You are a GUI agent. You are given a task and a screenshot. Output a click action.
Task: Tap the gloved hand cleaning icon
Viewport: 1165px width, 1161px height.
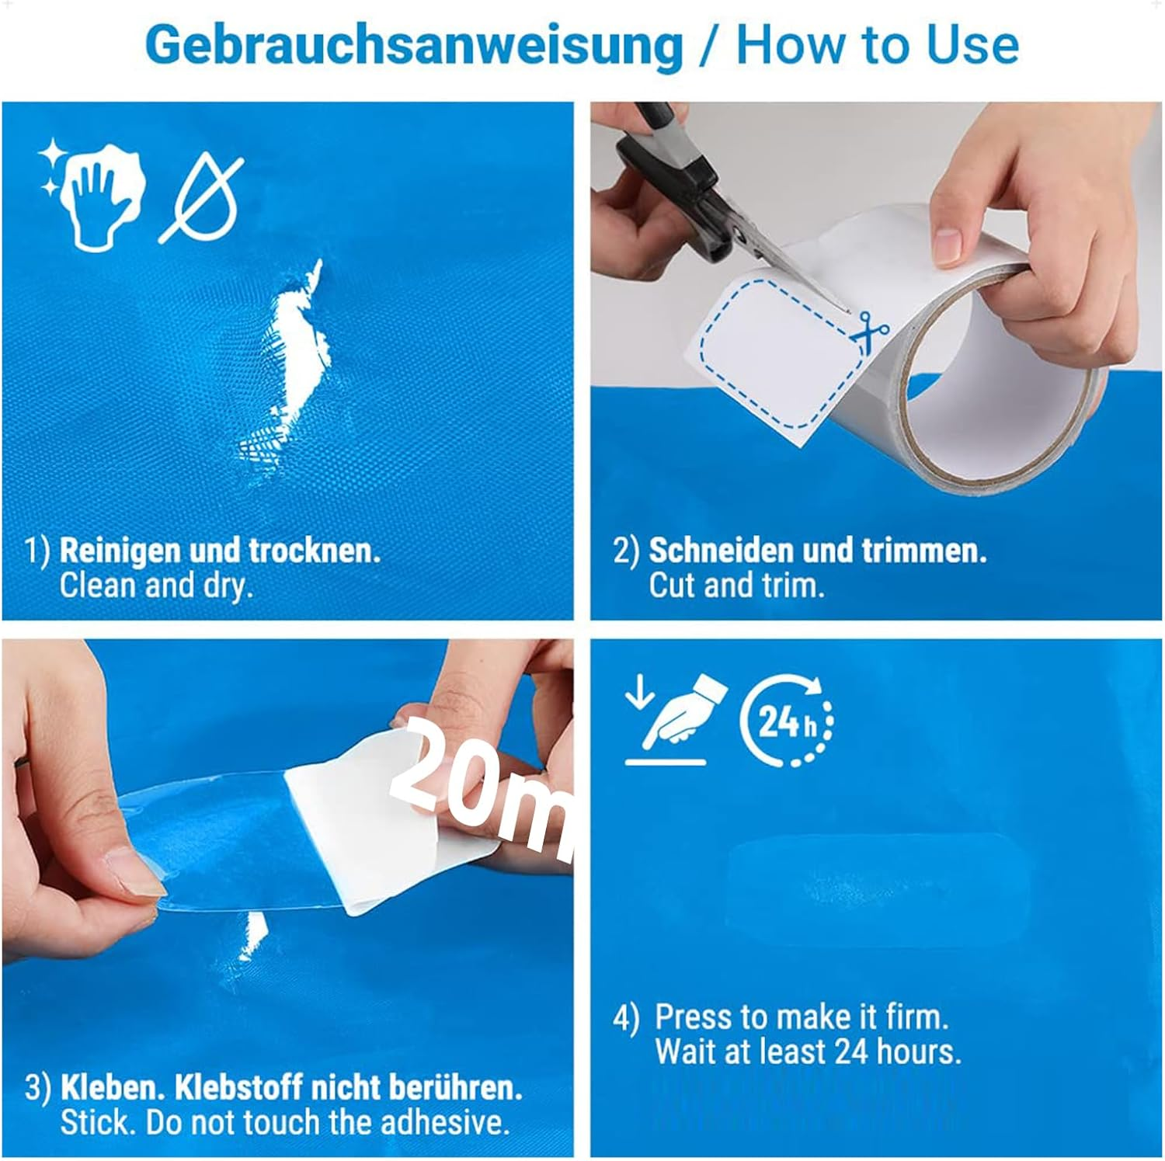pos(93,191)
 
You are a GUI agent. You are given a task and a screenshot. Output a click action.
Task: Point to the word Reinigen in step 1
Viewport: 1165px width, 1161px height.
pos(120,551)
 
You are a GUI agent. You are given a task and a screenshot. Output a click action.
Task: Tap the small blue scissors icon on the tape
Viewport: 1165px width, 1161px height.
pos(870,329)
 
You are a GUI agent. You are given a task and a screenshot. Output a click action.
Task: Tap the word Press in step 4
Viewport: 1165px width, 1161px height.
pos(693,1017)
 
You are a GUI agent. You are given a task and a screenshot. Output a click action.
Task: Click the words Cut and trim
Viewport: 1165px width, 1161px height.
pos(736,586)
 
